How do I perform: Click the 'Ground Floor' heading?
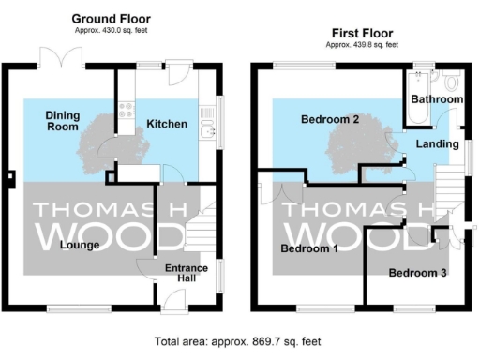pos(112,19)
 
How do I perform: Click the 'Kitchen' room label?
pos(167,124)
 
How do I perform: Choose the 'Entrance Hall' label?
pos(186,274)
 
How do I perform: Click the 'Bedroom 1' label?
pos(309,248)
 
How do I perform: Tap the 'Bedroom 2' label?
pos(330,120)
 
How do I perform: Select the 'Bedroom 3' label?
pos(418,273)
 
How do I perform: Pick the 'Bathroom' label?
pos(438,98)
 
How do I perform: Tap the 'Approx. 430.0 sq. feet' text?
pos(112,31)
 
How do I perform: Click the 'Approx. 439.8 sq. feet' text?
pos(361,43)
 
